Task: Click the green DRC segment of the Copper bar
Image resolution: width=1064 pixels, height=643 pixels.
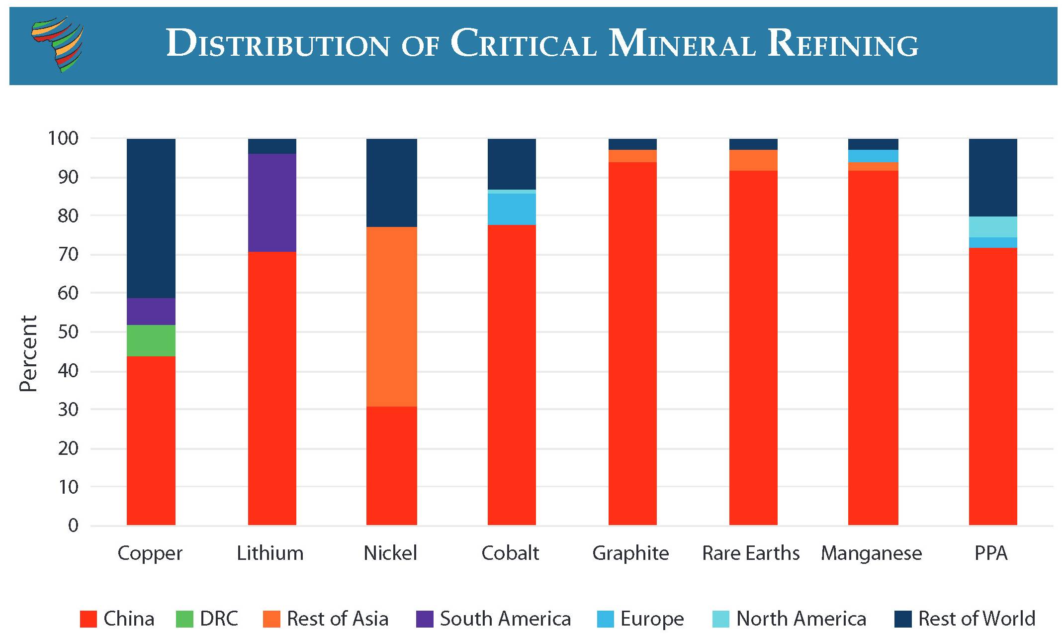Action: point(151,340)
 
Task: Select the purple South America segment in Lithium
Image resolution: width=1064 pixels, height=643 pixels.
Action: point(272,203)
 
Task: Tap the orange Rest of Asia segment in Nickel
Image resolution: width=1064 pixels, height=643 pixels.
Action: point(391,317)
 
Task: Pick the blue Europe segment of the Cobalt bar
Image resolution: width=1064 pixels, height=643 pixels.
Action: point(512,209)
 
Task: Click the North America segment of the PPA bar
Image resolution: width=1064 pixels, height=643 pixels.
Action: point(992,227)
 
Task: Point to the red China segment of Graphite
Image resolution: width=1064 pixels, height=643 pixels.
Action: point(632,343)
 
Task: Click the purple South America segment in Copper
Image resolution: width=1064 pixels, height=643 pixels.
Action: point(151,312)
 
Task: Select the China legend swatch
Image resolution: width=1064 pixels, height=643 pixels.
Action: point(88,619)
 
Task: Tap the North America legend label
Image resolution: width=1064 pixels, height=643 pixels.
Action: point(801,619)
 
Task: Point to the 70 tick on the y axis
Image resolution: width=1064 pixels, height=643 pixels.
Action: point(68,254)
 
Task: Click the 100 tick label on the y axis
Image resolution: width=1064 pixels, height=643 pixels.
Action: point(63,138)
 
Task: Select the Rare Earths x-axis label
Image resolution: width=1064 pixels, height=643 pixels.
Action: point(751,553)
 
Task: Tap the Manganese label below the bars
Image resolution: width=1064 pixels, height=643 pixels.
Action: point(871,553)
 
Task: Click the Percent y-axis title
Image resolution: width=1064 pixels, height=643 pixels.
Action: point(28,353)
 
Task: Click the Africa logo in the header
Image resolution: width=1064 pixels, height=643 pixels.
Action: point(58,44)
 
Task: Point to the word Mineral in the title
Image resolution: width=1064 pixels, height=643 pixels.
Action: point(682,44)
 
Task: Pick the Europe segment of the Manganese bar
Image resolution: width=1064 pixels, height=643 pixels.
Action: point(873,156)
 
